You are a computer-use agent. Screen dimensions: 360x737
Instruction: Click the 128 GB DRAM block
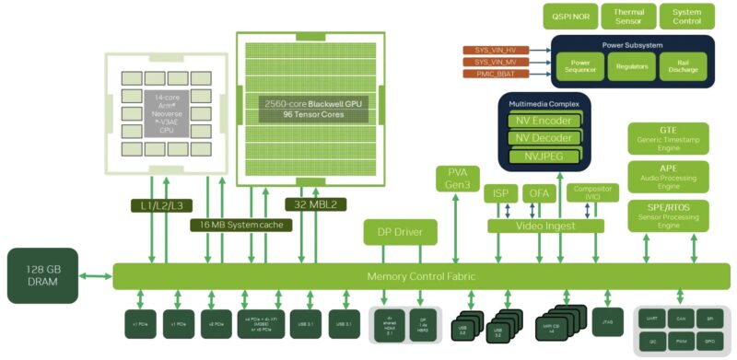pyautogui.click(x=43, y=275)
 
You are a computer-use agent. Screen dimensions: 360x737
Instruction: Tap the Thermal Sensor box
pyautogui.click(x=628, y=17)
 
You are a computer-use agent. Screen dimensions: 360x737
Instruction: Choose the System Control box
pyautogui.click(x=686, y=17)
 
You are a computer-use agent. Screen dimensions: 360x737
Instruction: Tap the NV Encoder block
pyautogui.click(x=544, y=121)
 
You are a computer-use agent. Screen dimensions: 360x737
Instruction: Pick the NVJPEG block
pyautogui.click(x=544, y=156)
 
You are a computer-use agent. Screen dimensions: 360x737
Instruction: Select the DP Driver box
pyautogui.click(x=400, y=231)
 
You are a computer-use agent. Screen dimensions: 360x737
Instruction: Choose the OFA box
pyautogui.click(x=538, y=193)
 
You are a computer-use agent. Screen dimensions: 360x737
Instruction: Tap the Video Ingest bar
pyautogui.click(x=545, y=226)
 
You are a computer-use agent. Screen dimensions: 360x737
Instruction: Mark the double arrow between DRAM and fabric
pyautogui.click(x=97, y=275)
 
